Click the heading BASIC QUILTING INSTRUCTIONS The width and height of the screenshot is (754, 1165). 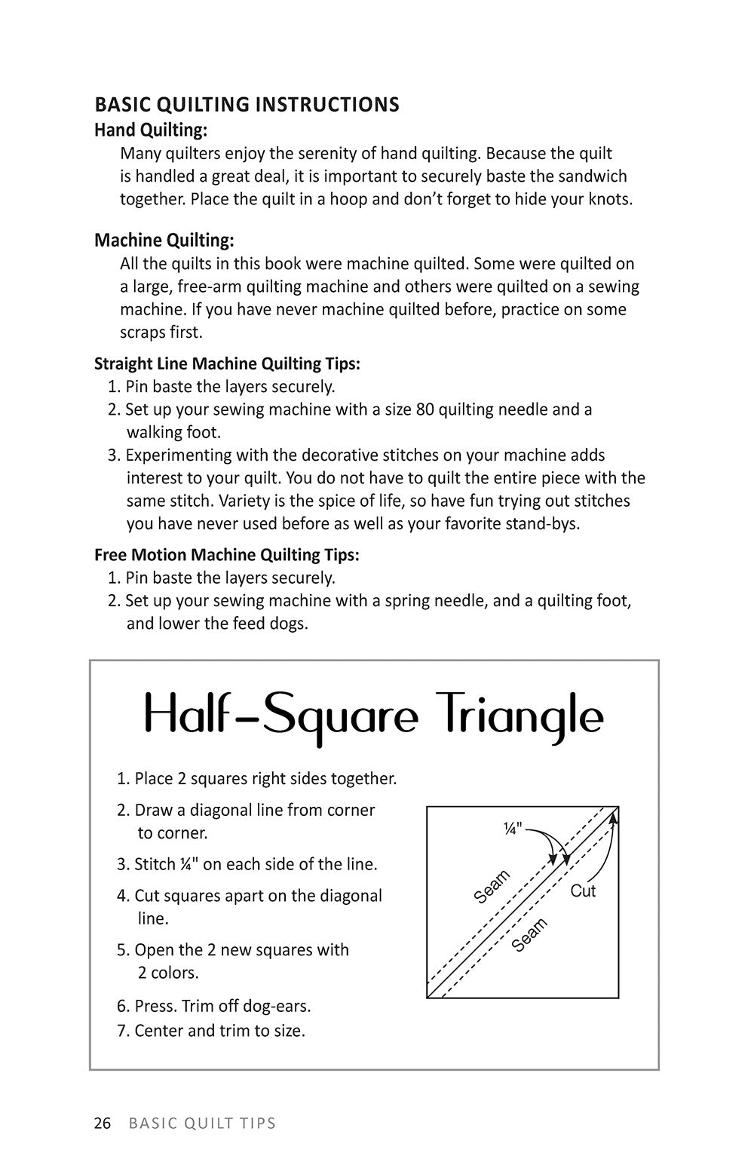(247, 104)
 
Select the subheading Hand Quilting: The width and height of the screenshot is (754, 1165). (151, 130)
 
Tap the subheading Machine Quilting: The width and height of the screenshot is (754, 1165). (164, 241)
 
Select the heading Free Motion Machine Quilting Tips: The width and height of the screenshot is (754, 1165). (227, 555)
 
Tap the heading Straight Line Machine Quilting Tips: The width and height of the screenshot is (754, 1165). (227, 364)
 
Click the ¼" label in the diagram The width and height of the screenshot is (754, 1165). (513, 829)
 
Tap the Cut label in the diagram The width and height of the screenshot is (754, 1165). (583, 891)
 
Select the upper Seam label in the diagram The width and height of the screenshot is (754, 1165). (492, 886)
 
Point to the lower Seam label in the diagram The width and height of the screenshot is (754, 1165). (529, 935)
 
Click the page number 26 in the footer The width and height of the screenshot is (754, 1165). (103, 1124)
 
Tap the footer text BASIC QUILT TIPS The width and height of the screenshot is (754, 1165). (202, 1124)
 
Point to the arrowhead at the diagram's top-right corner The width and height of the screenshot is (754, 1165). (615, 812)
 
